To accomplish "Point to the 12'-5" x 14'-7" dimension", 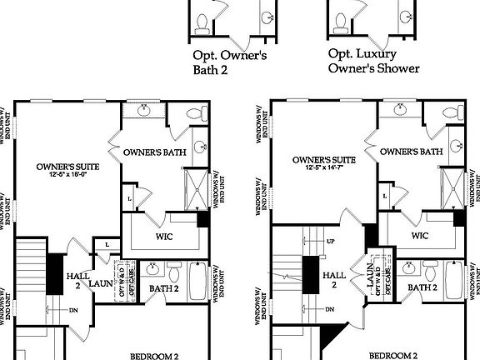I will coord(325,168).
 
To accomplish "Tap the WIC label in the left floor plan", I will coord(164,236).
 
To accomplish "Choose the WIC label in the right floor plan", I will coord(420,236).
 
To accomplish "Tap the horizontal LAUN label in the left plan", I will coord(102,283).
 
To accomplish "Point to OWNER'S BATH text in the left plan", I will coord(153,153).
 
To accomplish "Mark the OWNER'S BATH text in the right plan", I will coord(411,152).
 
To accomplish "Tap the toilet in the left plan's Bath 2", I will coord(173,272).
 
